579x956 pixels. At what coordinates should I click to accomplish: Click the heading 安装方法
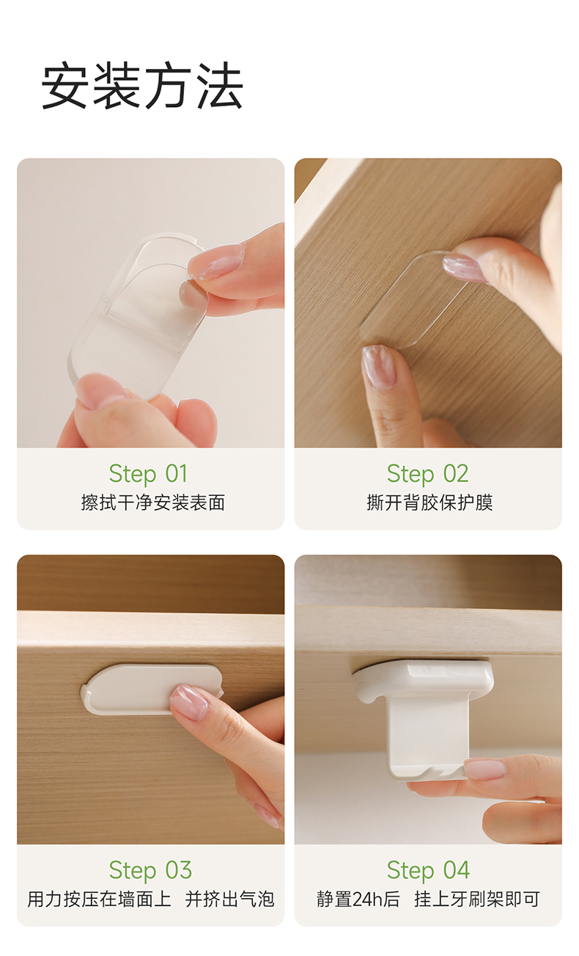click(142, 85)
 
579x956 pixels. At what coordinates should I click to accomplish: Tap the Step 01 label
click(148, 474)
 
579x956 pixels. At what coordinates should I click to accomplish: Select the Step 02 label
click(427, 474)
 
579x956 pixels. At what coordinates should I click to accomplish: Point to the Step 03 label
click(150, 871)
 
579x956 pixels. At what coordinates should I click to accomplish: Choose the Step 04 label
click(428, 871)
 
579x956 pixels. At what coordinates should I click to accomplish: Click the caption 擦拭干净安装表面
click(153, 503)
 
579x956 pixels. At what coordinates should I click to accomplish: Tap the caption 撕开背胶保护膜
click(429, 503)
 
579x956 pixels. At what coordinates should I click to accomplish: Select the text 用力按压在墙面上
click(100, 900)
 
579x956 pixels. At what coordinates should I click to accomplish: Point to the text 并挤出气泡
click(230, 900)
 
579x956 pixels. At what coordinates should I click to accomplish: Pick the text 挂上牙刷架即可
click(477, 900)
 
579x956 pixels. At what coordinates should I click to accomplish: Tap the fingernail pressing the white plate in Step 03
click(190, 702)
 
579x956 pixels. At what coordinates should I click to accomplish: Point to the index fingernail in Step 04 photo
click(484, 769)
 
